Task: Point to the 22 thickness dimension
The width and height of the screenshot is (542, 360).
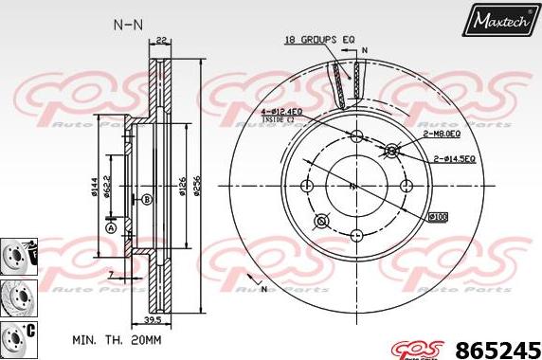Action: (x=162, y=39)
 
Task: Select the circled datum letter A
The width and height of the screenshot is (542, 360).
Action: (x=110, y=227)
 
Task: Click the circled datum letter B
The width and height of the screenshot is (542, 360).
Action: (x=146, y=200)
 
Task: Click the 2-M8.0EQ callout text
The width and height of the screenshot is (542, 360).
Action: (x=426, y=136)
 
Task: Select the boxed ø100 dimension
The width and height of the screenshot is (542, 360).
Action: (x=438, y=217)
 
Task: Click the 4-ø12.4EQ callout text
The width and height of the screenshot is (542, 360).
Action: (x=282, y=112)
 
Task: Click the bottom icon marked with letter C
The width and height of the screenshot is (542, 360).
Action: (x=16, y=334)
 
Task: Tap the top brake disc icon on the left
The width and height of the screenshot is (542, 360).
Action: (x=16, y=254)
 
